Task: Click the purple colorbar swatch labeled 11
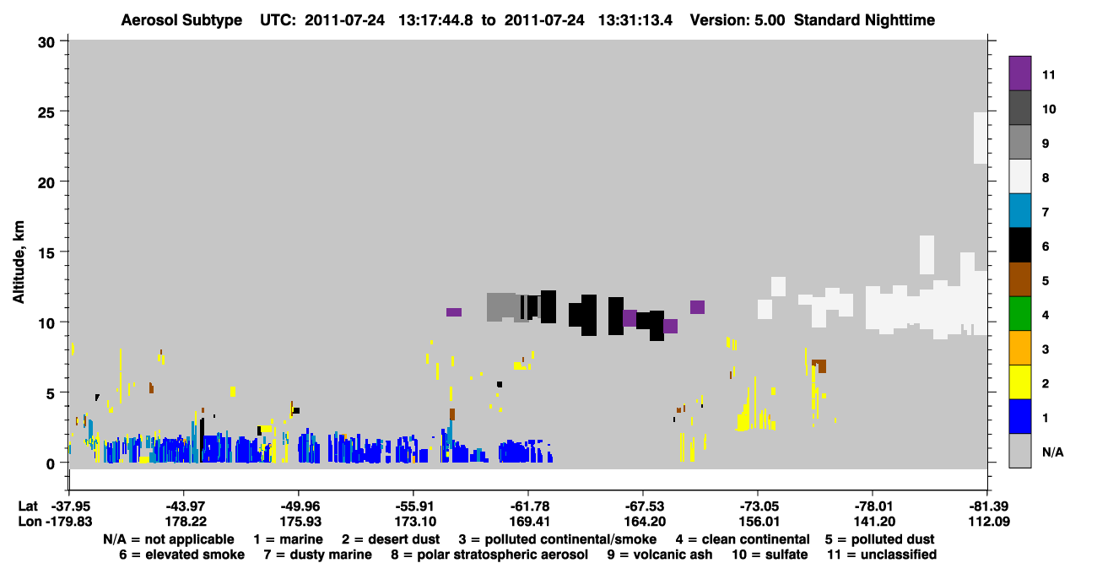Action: (x=1019, y=73)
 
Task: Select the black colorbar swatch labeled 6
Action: (x=1019, y=245)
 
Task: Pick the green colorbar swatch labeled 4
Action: (x=1019, y=314)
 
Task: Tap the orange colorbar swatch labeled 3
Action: (x=1019, y=348)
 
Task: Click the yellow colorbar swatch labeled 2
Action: (x=1019, y=382)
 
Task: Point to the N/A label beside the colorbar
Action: (x=1052, y=452)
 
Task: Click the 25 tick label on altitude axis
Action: (x=46, y=113)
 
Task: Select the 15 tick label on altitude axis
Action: (x=46, y=253)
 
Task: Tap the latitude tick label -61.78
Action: (x=529, y=506)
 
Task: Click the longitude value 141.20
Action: (x=873, y=522)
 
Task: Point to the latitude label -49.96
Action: (x=300, y=506)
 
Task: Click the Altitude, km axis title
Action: (x=19, y=263)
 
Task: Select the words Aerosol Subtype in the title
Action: (x=181, y=20)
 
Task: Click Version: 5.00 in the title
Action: (x=738, y=20)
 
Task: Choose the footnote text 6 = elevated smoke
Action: (x=181, y=555)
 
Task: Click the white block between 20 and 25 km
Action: (x=980, y=138)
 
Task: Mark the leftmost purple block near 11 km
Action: (x=454, y=312)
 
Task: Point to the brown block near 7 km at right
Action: (x=820, y=366)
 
